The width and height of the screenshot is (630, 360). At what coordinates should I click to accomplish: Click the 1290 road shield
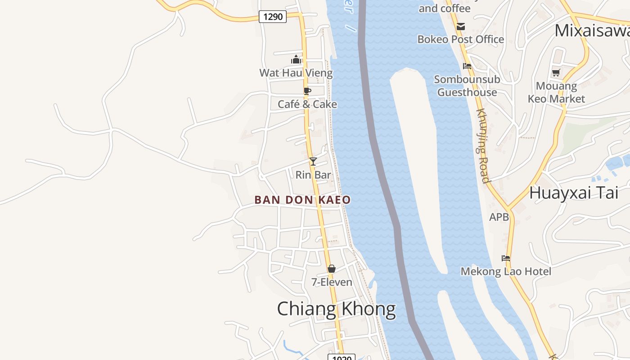click(x=273, y=17)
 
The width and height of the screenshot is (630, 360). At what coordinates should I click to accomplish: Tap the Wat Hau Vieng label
click(x=296, y=73)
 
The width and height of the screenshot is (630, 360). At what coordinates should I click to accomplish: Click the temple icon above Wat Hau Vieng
click(x=296, y=59)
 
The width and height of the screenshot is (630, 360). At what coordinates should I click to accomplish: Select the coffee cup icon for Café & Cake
click(x=307, y=91)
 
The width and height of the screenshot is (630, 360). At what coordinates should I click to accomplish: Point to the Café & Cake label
click(x=307, y=104)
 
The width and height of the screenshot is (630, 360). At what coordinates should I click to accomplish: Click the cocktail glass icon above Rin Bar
click(x=313, y=161)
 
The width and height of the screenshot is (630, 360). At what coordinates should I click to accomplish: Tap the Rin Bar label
click(x=313, y=175)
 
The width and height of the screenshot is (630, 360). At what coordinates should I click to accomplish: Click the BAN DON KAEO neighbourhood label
click(x=302, y=200)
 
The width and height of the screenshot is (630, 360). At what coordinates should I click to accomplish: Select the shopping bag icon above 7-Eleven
click(x=332, y=269)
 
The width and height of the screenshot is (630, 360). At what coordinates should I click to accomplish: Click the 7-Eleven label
click(x=332, y=282)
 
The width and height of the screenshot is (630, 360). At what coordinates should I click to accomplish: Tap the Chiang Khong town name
click(x=336, y=310)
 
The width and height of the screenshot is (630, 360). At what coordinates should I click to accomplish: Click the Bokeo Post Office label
click(x=460, y=40)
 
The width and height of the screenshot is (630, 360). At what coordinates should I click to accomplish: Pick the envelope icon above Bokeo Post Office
click(x=461, y=27)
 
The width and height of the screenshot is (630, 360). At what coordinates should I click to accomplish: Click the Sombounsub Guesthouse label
click(x=467, y=86)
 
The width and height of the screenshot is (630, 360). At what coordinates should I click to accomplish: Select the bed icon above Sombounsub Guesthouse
click(x=467, y=66)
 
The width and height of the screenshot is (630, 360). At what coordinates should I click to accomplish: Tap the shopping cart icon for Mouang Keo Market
click(x=556, y=72)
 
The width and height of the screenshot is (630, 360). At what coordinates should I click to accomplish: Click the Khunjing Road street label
click(x=482, y=146)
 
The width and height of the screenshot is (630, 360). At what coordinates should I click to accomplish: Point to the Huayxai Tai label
click(x=573, y=193)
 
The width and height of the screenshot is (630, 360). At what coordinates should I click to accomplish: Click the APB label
click(x=499, y=217)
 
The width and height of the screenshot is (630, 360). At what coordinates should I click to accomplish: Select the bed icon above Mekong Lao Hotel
click(x=506, y=258)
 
